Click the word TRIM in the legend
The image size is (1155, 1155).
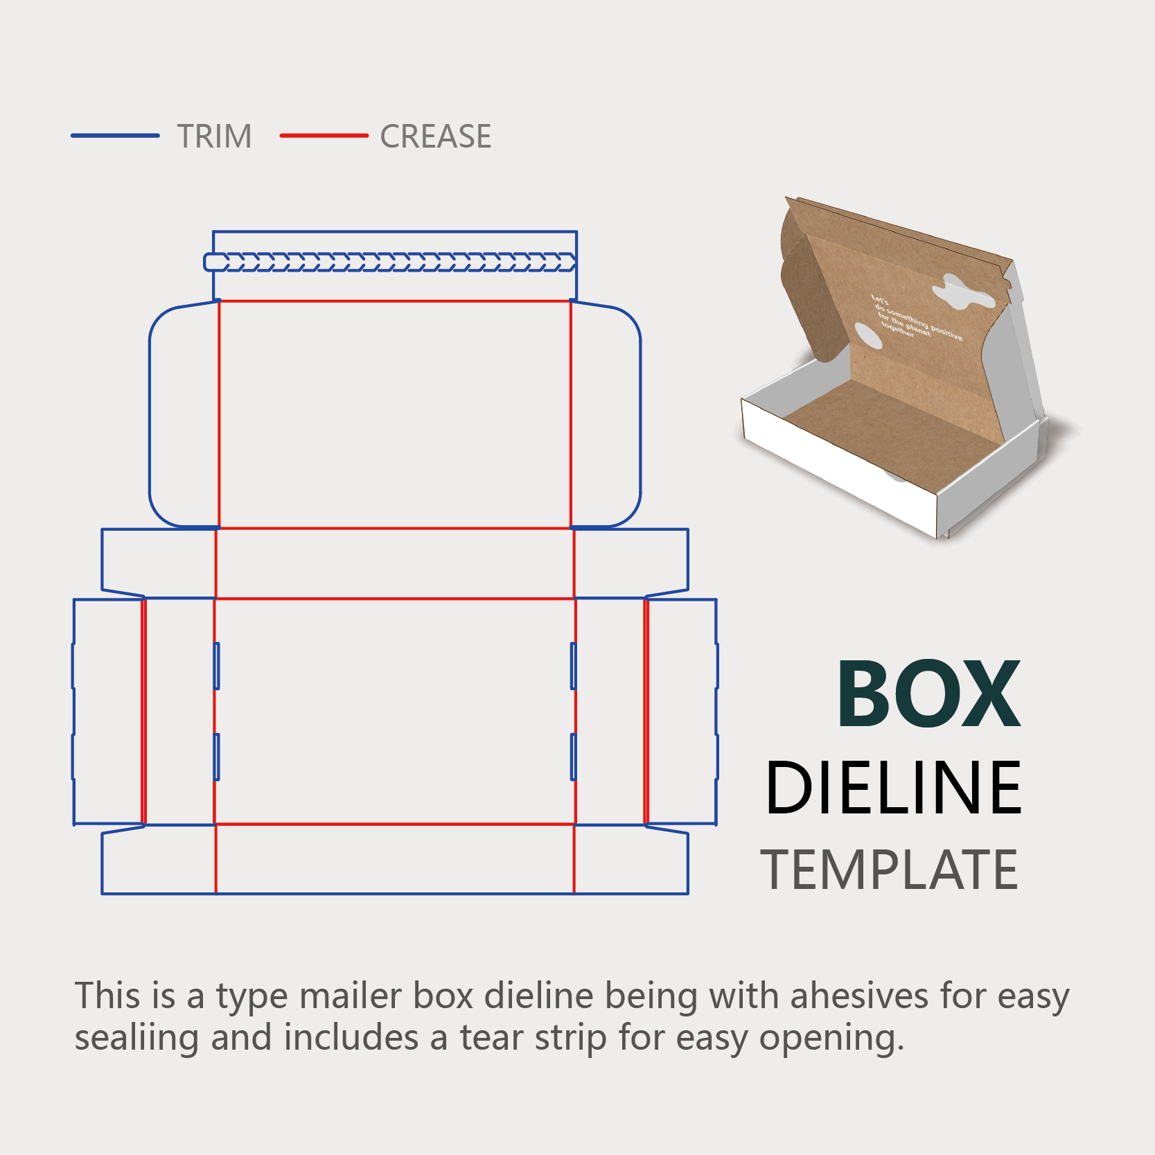[x=214, y=136]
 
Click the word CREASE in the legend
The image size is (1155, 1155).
[x=435, y=136]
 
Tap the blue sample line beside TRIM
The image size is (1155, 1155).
[x=115, y=136]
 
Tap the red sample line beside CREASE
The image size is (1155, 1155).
[x=324, y=136]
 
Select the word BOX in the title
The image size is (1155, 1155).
[x=928, y=694]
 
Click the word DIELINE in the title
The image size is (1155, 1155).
[x=893, y=788]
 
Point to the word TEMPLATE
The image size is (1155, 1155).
[x=889, y=870]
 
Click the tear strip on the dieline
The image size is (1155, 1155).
[x=390, y=262]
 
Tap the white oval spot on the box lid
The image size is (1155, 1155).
[x=867, y=336]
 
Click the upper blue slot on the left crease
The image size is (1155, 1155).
[x=217, y=666]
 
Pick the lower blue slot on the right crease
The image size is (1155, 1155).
[x=574, y=757]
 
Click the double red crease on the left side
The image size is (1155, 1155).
[x=144, y=712]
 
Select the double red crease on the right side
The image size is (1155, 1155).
[x=646, y=712]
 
